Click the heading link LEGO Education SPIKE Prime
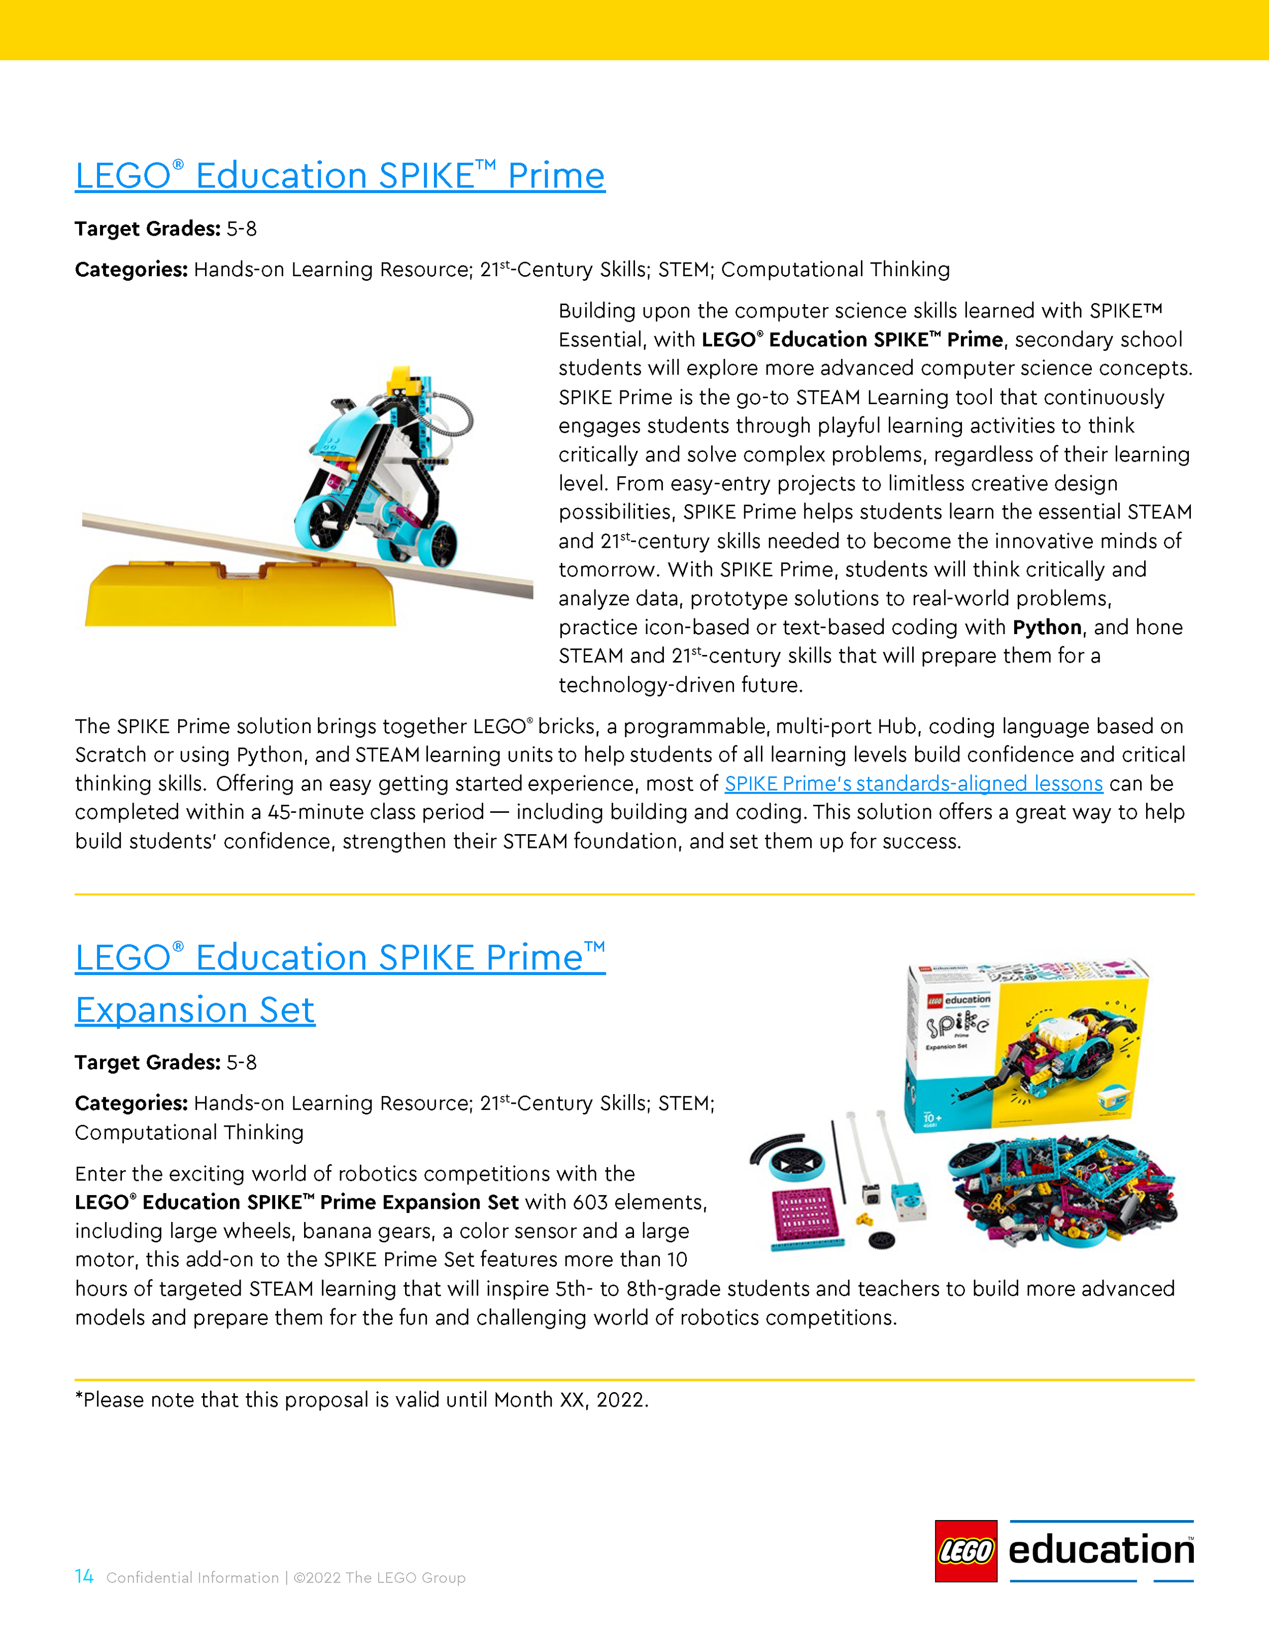pos(340,176)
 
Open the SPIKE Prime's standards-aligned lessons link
pos(913,783)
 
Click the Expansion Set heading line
pos(194,1010)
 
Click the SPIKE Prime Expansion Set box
pos(1026,1045)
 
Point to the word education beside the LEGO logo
pos(1101,1551)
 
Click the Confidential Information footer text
pos(192,1578)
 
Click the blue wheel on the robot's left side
pos(326,522)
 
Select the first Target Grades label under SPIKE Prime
pos(147,228)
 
